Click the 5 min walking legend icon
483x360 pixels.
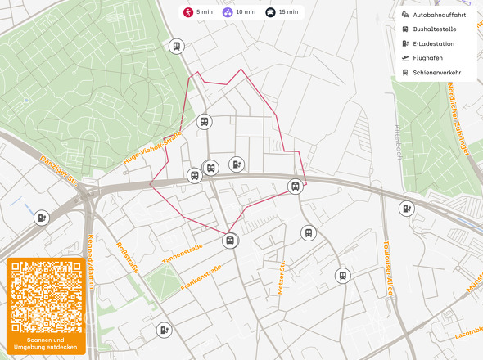coord(188,12)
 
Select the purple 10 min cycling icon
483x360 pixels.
coord(228,12)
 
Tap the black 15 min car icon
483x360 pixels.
coord(270,12)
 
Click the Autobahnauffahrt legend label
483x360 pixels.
coord(439,15)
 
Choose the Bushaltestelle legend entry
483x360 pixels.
coord(433,29)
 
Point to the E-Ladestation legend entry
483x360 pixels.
coord(433,43)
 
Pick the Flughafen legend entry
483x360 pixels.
coord(429,58)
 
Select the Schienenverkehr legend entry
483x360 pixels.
coord(436,72)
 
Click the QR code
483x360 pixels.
coord(46,295)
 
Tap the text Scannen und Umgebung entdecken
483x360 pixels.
coord(46,344)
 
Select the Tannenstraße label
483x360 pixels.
coord(180,255)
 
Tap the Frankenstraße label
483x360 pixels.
coord(201,277)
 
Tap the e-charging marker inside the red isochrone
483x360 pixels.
coord(237,164)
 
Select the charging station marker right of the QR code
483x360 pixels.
coord(165,330)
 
